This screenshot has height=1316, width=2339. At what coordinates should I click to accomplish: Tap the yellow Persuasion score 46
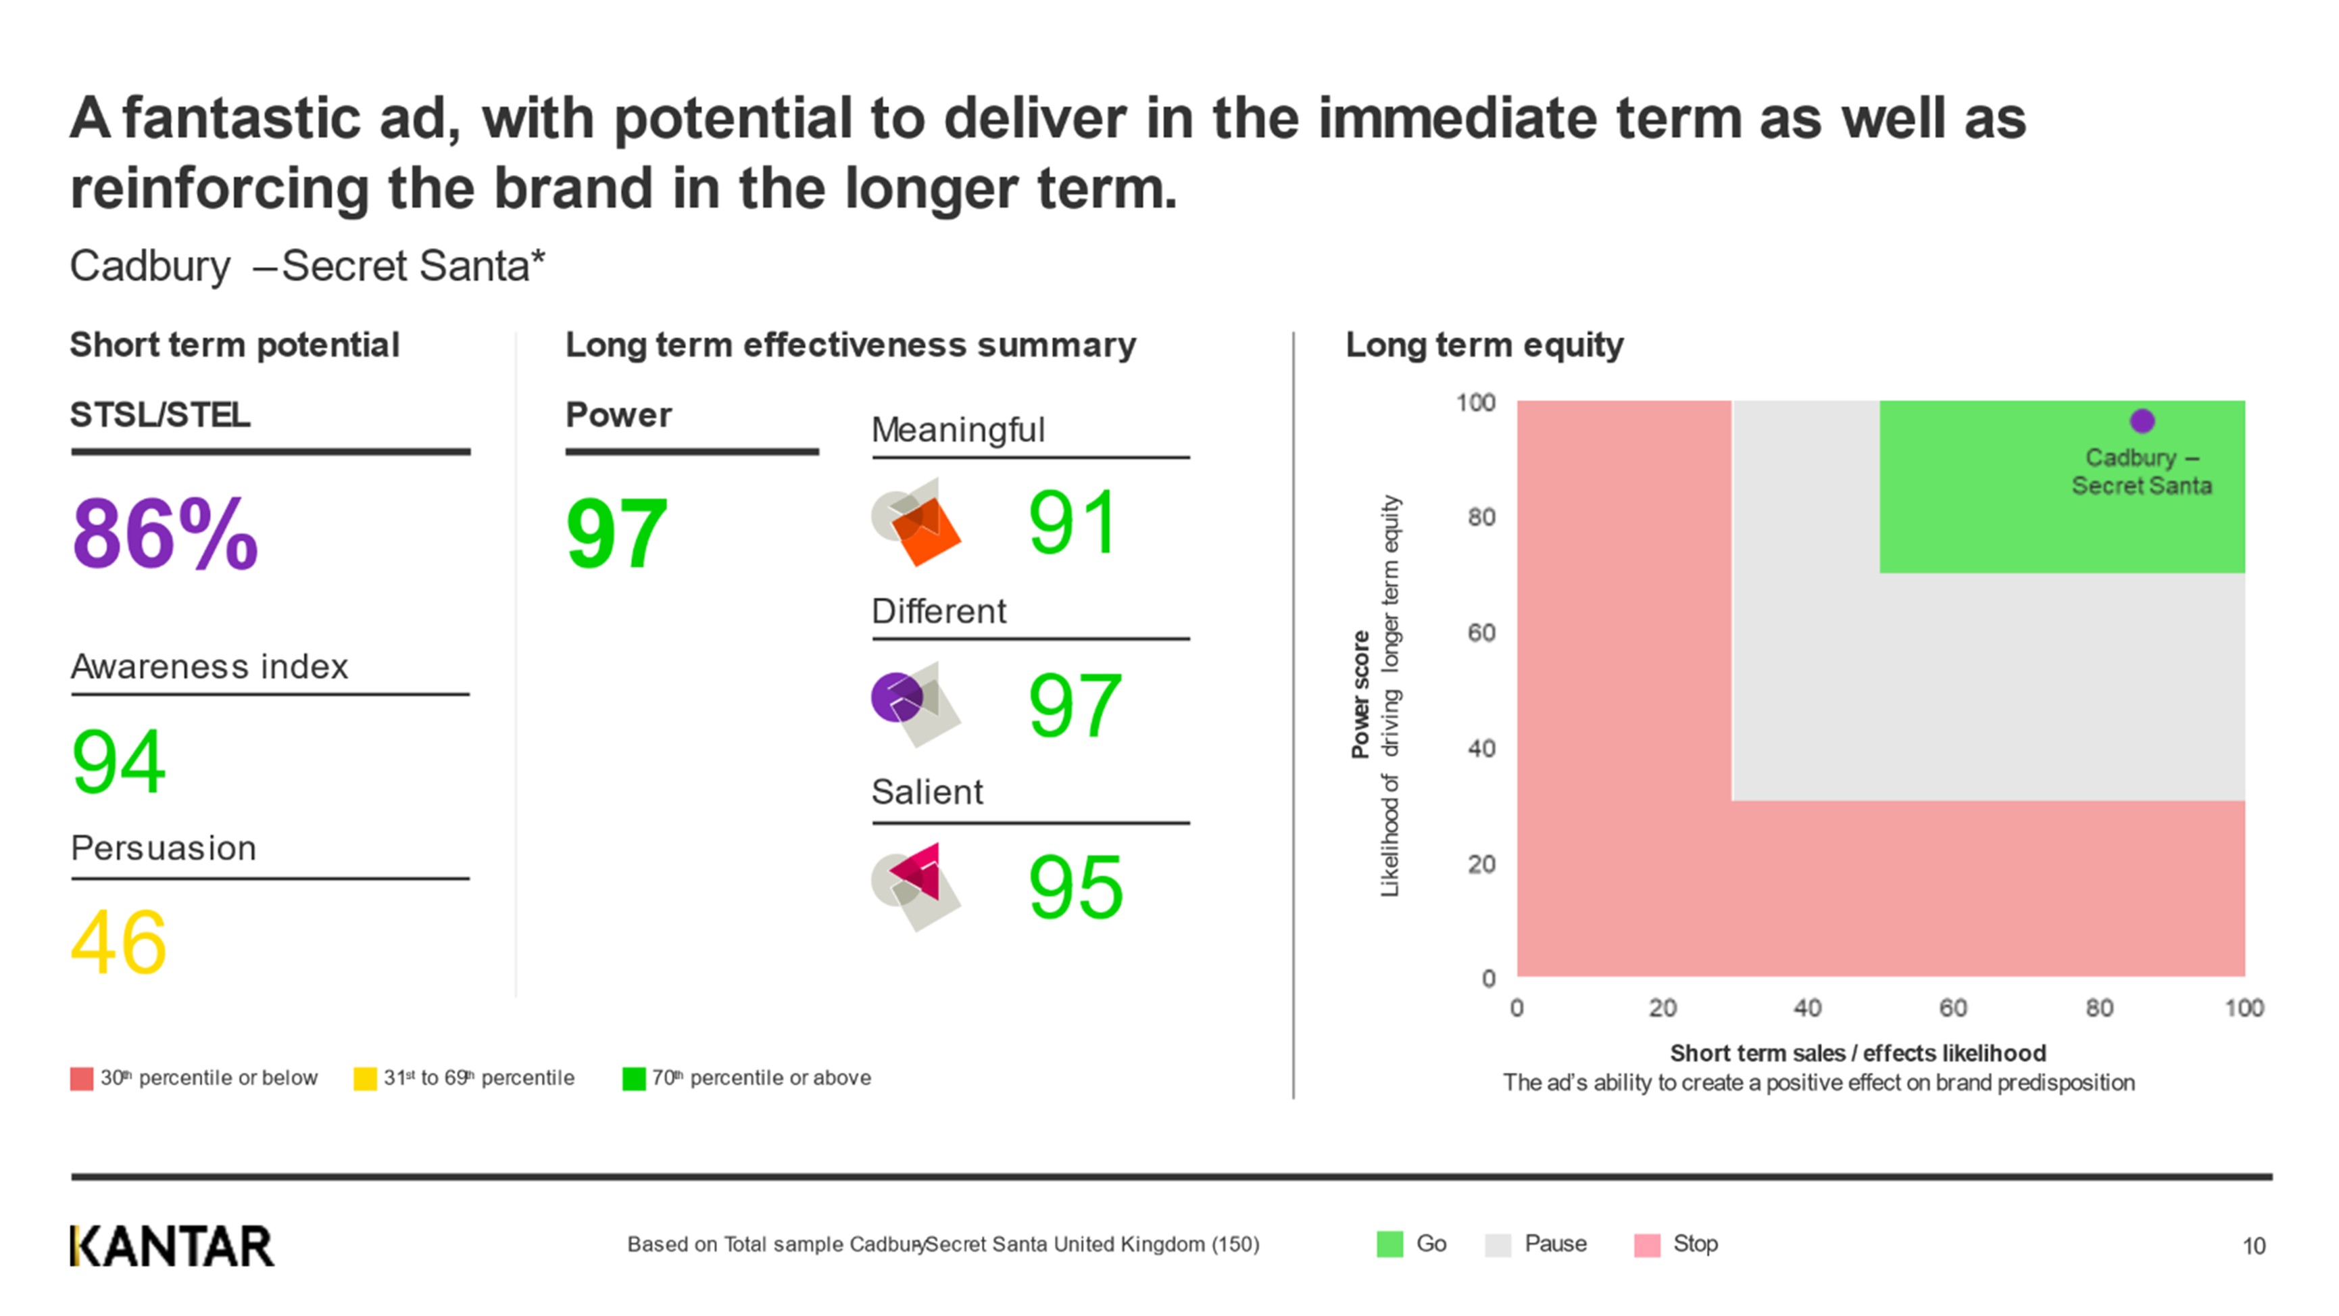click(119, 943)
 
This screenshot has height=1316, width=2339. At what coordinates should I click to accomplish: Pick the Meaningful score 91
click(1073, 522)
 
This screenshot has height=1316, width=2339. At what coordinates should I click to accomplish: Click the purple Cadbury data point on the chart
click(2142, 420)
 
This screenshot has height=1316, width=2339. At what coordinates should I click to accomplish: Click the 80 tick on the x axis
click(2098, 1007)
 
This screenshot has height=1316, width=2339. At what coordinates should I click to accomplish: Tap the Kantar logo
click(172, 1246)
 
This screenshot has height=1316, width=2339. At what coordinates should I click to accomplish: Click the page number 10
click(2254, 1246)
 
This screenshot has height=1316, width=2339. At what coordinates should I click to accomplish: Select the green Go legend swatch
click(1389, 1244)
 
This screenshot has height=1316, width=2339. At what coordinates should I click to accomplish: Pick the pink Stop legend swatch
click(1646, 1244)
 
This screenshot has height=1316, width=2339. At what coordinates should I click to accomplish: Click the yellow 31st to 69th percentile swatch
click(365, 1078)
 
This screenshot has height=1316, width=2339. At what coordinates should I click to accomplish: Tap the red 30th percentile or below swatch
click(82, 1078)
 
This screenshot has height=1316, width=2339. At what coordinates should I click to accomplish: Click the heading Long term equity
click(1483, 345)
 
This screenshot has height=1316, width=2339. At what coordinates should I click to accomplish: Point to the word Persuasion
click(164, 848)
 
